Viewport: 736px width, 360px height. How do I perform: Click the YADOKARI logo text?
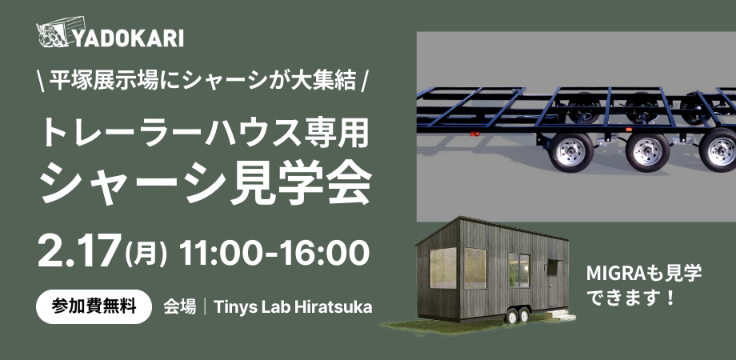point(128,38)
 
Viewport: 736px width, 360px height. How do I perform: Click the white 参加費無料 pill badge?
point(94,307)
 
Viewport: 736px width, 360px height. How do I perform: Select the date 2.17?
point(78,252)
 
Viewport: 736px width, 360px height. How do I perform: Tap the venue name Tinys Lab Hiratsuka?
point(293,307)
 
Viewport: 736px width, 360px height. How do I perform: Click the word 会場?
point(179,307)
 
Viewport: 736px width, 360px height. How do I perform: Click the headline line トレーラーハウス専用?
point(205,134)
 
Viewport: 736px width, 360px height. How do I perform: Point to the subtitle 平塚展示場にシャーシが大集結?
point(202,82)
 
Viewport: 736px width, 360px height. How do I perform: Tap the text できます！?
point(631,297)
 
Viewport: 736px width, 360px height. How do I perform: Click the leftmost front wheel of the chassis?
point(571,152)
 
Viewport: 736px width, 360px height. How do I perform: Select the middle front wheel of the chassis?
point(647,153)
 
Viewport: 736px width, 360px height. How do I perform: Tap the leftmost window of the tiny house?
point(442,267)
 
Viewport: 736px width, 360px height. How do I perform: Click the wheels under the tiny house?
point(518,315)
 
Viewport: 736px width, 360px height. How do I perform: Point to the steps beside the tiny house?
point(561,315)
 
